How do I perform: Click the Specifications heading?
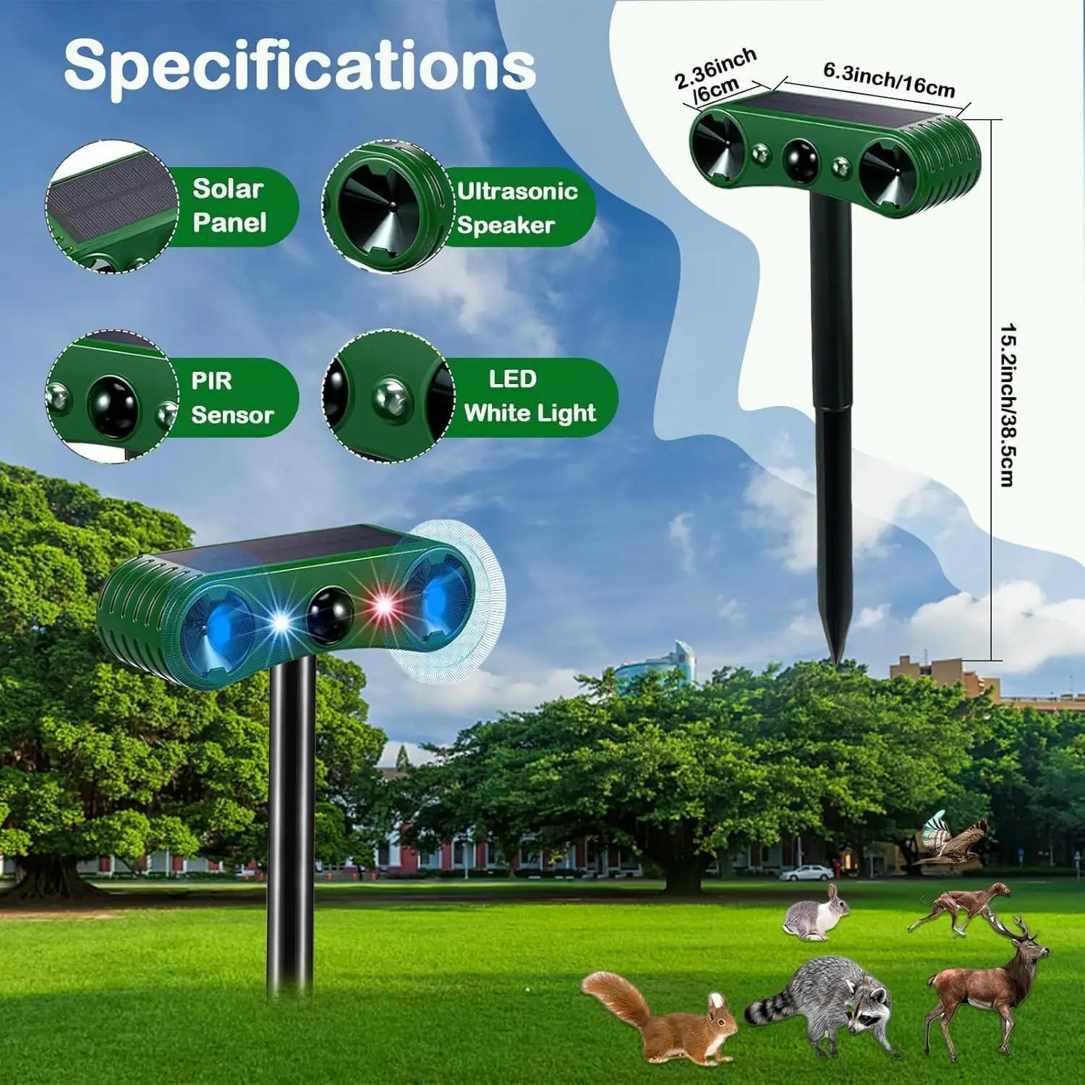[299, 66]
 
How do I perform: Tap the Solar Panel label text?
[229, 205]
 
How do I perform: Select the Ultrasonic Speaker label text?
[517, 208]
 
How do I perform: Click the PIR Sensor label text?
[232, 397]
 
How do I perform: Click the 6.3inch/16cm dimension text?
[889, 81]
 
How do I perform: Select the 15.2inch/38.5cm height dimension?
[1008, 405]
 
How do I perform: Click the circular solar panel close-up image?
[112, 208]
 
